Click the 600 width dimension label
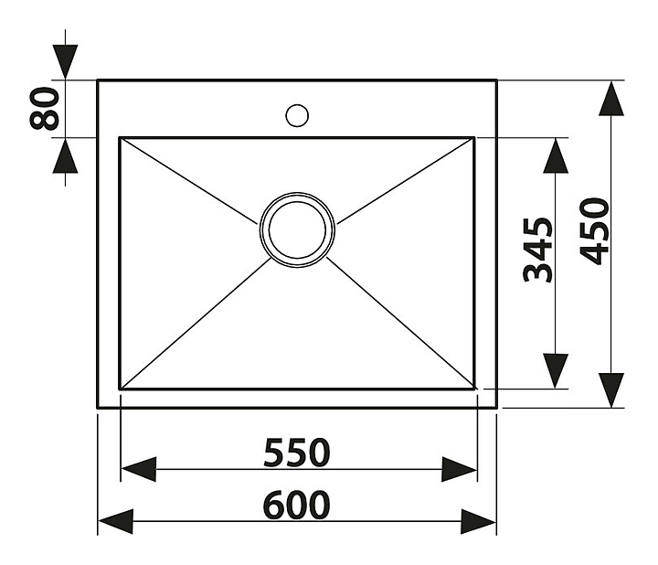(297, 505)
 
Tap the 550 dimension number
(296, 452)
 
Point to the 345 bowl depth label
(539, 250)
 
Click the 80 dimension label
(45, 108)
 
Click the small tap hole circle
(297, 115)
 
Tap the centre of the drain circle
(297, 229)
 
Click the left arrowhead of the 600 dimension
(115, 522)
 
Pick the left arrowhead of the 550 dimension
(138, 470)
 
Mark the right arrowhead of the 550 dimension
(459, 470)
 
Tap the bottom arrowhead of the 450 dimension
(610, 390)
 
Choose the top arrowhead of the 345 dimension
(556, 155)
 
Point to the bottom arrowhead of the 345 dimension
(556, 371)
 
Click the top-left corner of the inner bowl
(121, 139)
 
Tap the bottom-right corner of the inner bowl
(474, 389)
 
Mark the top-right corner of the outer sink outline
(496, 80)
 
